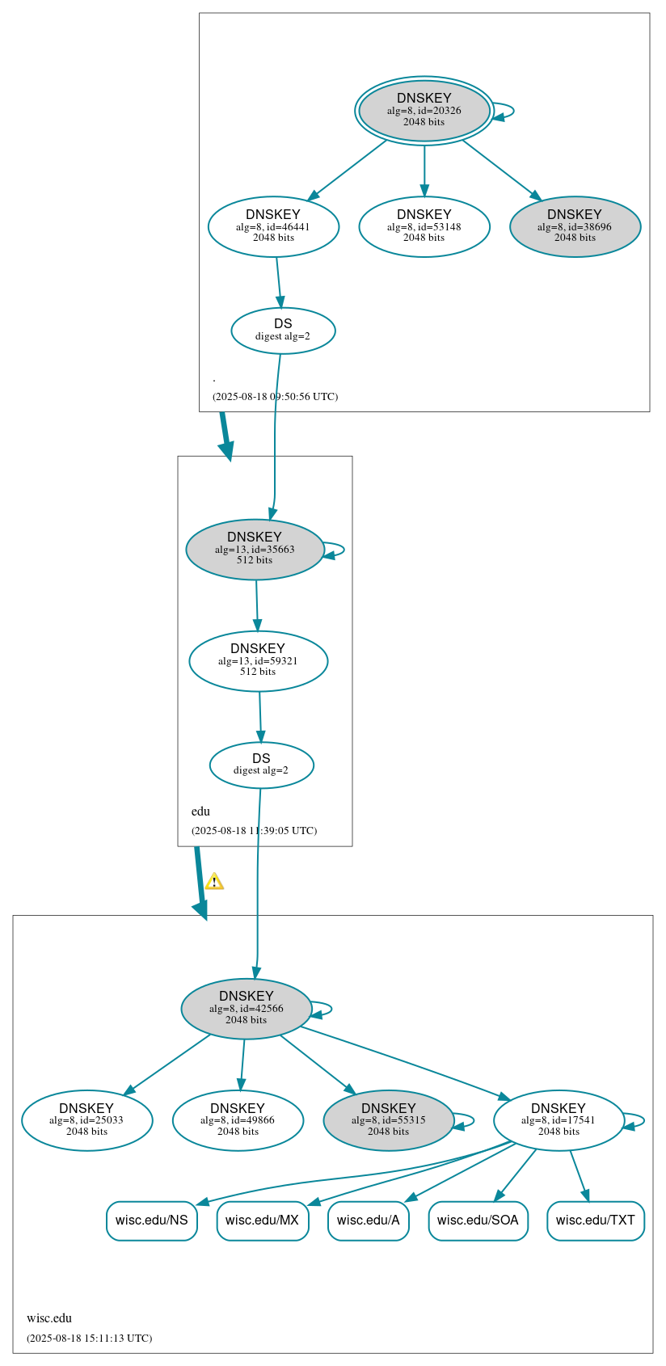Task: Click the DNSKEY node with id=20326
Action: click(x=424, y=111)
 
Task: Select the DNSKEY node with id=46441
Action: click(x=273, y=227)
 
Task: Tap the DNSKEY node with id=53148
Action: click(x=424, y=227)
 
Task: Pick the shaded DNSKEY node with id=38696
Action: click(x=575, y=227)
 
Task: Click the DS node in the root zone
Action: click(x=283, y=331)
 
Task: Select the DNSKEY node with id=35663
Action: click(x=255, y=550)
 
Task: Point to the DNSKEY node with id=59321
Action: click(x=258, y=661)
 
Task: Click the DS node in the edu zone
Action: click(x=261, y=765)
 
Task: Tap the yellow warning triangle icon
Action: click(x=214, y=882)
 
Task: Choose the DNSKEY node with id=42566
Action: click(x=247, y=1009)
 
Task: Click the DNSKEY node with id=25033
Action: click(x=86, y=1120)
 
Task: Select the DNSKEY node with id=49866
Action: click(x=238, y=1120)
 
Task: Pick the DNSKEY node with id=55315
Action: click(x=389, y=1120)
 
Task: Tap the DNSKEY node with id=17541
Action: click(x=559, y=1120)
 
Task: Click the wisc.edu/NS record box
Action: click(x=151, y=1221)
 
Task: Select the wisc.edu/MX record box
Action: click(x=262, y=1221)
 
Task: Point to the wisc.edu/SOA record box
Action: click(x=478, y=1221)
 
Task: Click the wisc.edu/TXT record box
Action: click(x=595, y=1221)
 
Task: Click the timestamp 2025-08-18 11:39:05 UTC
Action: click(x=254, y=831)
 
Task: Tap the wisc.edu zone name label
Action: click(x=49, y=1318)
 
